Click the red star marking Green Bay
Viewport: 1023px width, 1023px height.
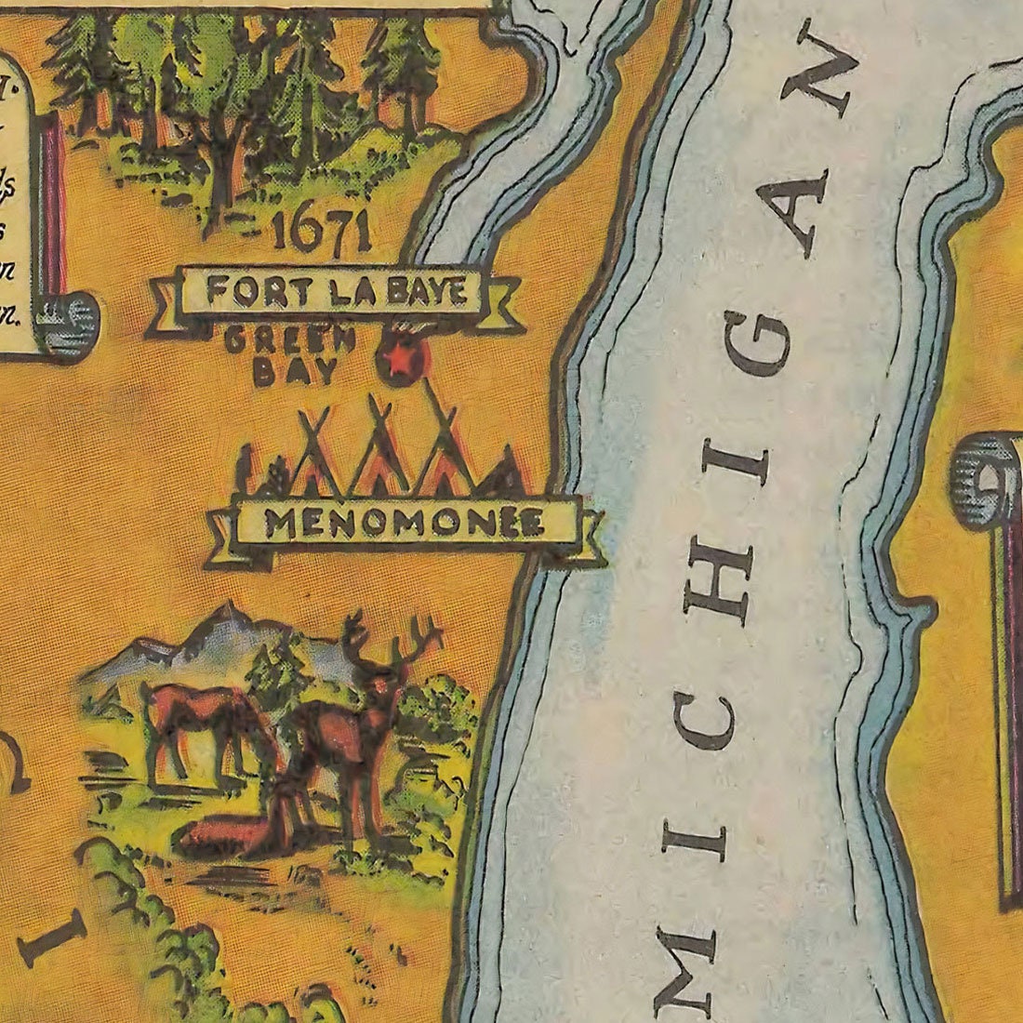(x=401, y=362)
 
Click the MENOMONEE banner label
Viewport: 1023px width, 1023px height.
(x=405, y=525)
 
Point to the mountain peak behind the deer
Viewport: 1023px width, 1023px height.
(x=223, y=614)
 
